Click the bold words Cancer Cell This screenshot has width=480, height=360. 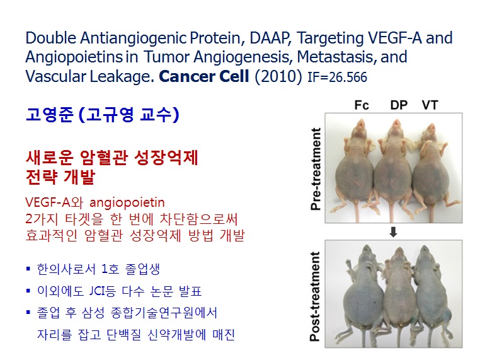click(204, 76)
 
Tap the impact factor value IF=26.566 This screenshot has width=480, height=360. click(337, 77)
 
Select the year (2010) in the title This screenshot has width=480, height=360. click(278, 76)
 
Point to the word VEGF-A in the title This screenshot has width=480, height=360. click(395, 38)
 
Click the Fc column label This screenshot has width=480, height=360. click(362, 105)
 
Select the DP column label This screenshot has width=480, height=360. click(399, 105)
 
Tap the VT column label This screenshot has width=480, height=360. click(430, 105)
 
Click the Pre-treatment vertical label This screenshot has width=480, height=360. click(316, 169)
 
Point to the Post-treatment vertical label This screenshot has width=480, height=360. click(316, 296)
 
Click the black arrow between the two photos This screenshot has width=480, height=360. click(393, 231)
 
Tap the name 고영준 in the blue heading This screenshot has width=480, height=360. click(50, 115)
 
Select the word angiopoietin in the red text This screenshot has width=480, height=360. click(127, 203)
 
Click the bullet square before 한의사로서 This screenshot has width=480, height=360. click(28, 269)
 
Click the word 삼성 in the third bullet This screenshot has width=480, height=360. click(93, 313)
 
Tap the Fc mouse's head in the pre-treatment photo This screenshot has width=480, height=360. click(360, 128)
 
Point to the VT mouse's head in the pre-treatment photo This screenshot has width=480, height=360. click(430, 131)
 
